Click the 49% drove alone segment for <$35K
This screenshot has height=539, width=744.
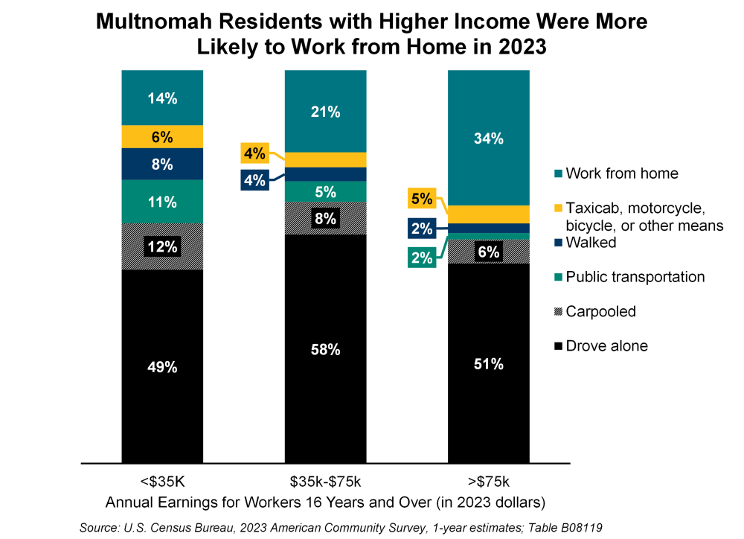[x=161, y=366]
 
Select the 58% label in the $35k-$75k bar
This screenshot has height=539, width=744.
[x=325, y=349]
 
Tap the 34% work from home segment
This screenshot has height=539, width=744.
[x=488, y=138]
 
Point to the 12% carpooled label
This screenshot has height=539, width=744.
[x=161, y=246]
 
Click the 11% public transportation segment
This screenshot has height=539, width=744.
[x=161, y=202]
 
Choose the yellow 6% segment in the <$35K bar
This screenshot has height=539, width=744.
[x=161, y=137]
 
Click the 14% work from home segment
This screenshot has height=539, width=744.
[x=161, y=98]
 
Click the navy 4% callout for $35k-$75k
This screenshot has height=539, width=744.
[x=254, y=181]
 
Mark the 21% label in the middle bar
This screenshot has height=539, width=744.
[x=325, y=112]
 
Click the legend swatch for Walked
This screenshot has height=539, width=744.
[x=557, y=243]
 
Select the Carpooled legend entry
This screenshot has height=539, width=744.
[x=600, y=311]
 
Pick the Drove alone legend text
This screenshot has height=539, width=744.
[x=606, y=345]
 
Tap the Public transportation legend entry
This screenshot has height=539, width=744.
[x=635, y=277]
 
